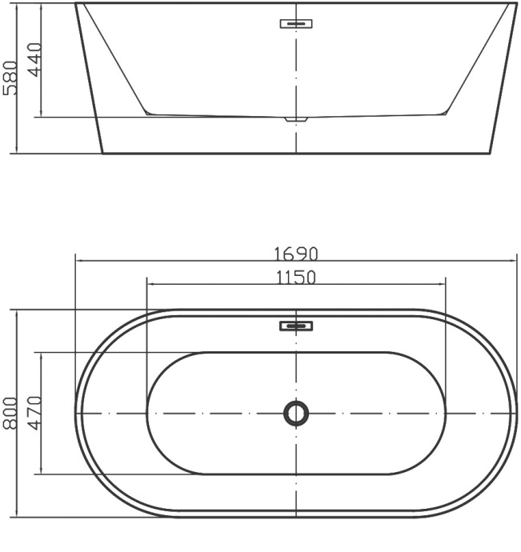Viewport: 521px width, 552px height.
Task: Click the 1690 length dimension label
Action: coord(296,254)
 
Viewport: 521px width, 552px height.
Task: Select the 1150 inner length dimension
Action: coord(296,278)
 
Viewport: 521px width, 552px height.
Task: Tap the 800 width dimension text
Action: coord(10,412)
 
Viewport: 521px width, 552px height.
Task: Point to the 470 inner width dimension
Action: coord(34,412)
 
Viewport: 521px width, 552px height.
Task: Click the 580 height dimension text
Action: coord(10,77)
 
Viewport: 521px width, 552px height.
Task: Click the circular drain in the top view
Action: coord(296,413)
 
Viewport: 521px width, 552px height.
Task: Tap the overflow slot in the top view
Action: coord(296,326)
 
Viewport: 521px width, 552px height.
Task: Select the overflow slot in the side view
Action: coord(296,23)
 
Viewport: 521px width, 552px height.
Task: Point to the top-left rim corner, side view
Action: coord(76,3)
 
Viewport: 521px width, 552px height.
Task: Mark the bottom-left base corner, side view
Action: coord(102,153)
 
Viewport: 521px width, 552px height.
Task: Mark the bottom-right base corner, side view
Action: coord(489,153)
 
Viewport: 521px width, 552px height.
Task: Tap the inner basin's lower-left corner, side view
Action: coord(148,113)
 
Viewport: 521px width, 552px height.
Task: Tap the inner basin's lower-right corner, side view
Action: coord(444,113)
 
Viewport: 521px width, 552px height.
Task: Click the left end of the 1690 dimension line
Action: coord(75,260)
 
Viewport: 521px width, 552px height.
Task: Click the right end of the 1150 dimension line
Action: coord(445,283)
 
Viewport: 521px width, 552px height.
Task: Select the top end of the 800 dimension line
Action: coord(16,310)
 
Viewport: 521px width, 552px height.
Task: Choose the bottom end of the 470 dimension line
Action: coord(41,474)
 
